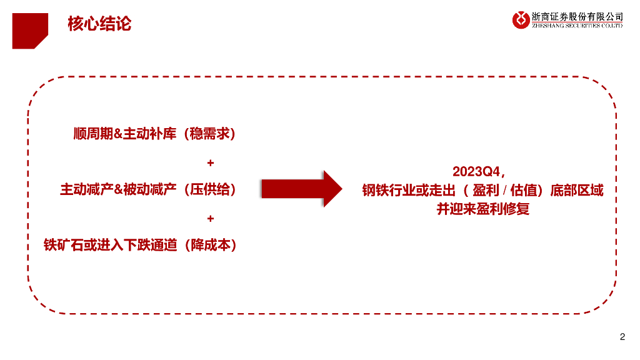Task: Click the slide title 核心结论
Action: click(x=99, y=24)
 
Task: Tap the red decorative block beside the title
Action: click(x=29, y=29)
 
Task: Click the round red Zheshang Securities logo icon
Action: click(x=520, y=20)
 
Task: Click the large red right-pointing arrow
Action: click(x=301, y=188)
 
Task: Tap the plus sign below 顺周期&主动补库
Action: click(x=210, y=163)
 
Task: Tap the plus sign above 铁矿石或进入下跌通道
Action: click(x=210, y=219)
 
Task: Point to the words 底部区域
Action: click(x=577, y=191)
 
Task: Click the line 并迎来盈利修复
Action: click(x=482, y=209)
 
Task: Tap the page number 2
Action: click(x=622, y=337)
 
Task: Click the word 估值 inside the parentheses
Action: click(x=525, y=191)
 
